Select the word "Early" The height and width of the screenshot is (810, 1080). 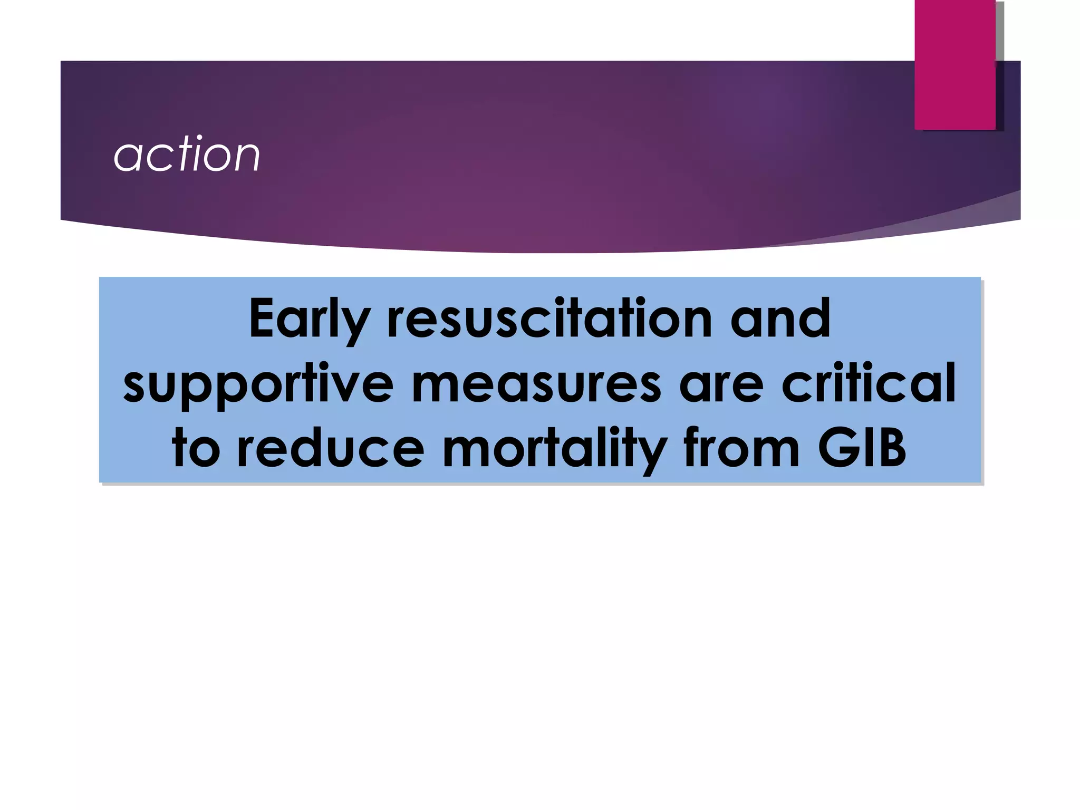[x=308, y=320]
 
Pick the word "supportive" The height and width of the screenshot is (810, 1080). [x=258, y=385]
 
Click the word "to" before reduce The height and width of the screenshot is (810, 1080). [x=196, y=449]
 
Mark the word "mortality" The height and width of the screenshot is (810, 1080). [x=554, y=450]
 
